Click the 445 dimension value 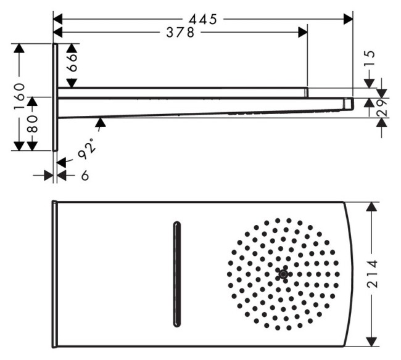pos(203,19)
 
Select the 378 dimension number pos(180,32)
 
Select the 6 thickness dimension pos(85,176)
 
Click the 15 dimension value pos(370,60)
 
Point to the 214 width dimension pos(371,274)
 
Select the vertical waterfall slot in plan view pos(178,274)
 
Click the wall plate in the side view pos(56,97)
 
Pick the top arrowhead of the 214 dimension pos(371,207)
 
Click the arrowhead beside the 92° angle pos(101,123)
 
